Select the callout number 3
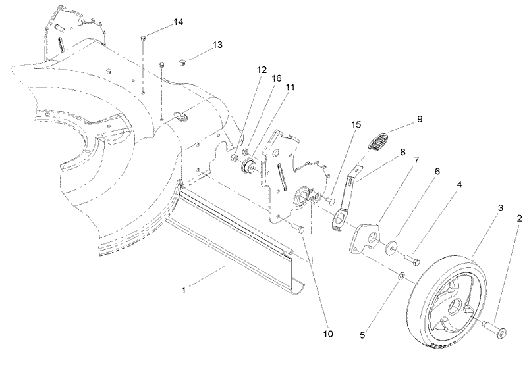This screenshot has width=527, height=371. pos(500,208)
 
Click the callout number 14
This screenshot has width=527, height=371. pos(178,23)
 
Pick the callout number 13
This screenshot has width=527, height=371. pos(217,45)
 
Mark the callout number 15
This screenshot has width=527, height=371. pos(356,124)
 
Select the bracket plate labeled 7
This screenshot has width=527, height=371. pos(364,238)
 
